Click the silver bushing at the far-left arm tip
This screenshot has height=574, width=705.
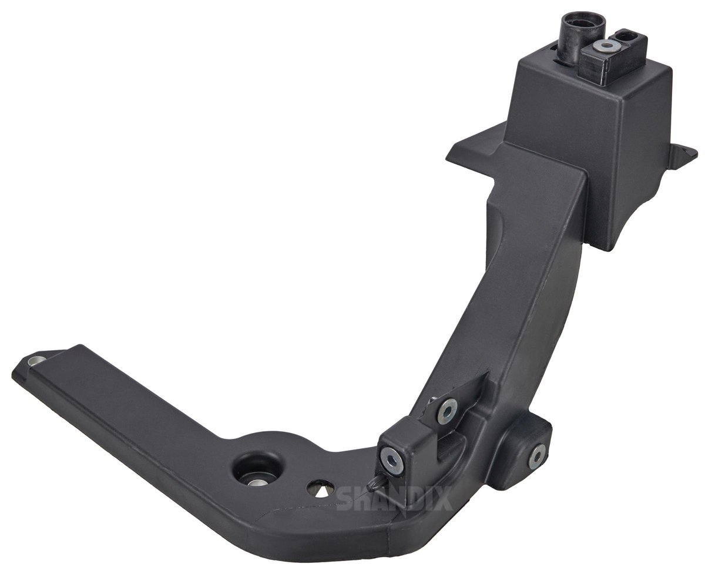pyautogui.click(x=35, y=360)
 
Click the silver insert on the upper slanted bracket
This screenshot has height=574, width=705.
pyautogui.click(x=447, y=411)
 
